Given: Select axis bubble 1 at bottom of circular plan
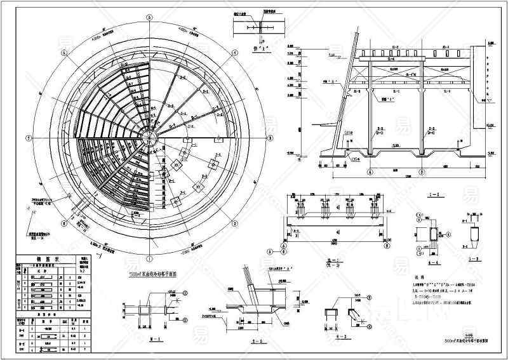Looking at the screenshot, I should pos(149,259).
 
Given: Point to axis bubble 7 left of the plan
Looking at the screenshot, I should pos(27,137).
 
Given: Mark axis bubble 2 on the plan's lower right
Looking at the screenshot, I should pos(236,223).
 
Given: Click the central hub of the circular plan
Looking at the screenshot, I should pos(149,137).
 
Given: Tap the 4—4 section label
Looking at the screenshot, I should pos(429,260).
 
